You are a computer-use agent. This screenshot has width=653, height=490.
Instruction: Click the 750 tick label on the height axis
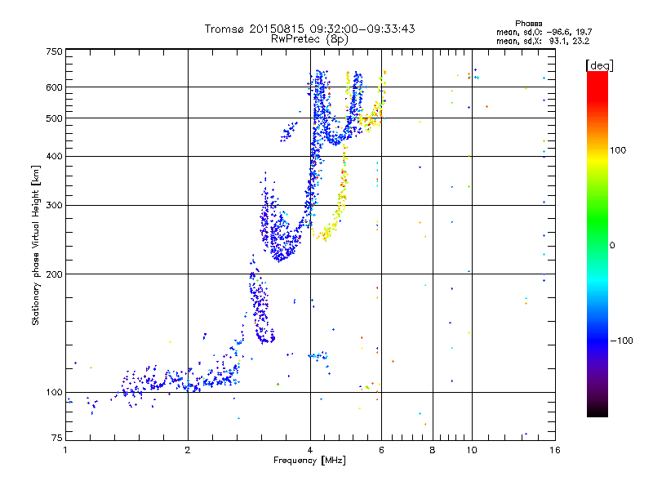(x=54, y=51)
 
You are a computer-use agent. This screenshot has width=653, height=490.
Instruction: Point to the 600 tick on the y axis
(x=54, y=87)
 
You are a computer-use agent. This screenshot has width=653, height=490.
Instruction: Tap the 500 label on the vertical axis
(x=54, y=118)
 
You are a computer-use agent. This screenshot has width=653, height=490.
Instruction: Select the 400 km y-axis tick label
(x=54, y=156)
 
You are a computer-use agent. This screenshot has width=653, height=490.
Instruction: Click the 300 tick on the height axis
(x=54, y=205)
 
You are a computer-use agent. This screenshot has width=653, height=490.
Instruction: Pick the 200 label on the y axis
(x=54, y=274)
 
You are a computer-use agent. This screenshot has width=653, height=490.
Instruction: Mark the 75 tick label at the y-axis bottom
(x=56, y=439)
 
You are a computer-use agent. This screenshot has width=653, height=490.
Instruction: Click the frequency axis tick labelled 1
(x=66, y=450)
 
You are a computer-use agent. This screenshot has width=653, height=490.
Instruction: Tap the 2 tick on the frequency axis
(x=188, y=450)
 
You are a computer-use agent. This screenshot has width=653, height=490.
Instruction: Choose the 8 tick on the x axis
(x=433, y=450)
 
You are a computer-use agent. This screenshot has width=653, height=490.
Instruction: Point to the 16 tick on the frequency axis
(x=554, y=450)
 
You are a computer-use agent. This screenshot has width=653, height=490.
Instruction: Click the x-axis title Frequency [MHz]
(x=309, y=461)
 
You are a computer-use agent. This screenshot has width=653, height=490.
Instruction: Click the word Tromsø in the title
(x=226, y=29)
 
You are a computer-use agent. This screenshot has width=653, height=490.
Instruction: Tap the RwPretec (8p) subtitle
(x=309, y=38)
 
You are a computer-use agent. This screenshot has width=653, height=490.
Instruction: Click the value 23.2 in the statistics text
(x=580, y=40)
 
